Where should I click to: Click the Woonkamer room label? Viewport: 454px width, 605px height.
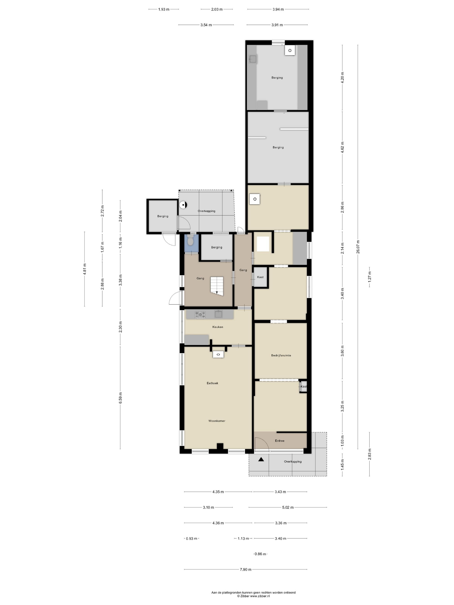(217, 421)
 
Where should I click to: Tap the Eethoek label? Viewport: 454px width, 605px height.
(212, 383)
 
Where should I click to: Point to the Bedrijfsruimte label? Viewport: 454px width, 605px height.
(281, 355)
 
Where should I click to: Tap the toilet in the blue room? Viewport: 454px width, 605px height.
(190, 240)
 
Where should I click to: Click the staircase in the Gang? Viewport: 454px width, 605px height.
(217, 286)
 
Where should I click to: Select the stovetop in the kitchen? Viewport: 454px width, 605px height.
(200, 315)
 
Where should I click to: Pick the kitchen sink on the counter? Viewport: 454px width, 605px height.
(218, 314)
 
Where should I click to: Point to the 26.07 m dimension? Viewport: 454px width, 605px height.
(358, 247)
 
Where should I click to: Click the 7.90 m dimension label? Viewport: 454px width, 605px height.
(245, 569)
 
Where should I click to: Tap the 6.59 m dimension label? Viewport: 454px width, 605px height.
(120, 401)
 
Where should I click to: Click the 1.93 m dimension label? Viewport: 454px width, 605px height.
(164, 9)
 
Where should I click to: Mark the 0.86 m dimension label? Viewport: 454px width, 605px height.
(260, 554)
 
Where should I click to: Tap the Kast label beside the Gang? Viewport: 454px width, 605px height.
(260, 277)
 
